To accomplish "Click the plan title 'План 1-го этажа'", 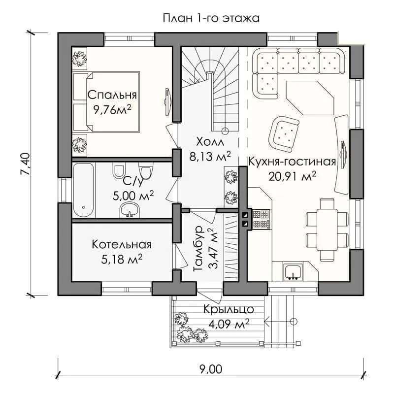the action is [x=211, y=18].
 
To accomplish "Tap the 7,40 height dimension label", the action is [x=26, y=164].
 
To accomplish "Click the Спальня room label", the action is [x=112, y=95].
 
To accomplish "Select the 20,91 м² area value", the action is [x=292, y=176].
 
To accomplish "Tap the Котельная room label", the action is [x=122, y=244].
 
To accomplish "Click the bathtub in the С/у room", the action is [x=84, y=190].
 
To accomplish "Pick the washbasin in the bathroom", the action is [x=130, y=210].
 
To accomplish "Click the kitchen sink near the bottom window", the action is [x=293, y=272].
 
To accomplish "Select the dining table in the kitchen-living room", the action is [x=327, y=230].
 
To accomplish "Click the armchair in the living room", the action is [x=284, y=133].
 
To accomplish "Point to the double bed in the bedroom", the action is [x=106, y=102].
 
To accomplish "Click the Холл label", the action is [x=210, y=142].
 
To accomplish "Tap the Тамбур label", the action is [x=198, y=248].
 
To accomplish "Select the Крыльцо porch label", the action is [x=229, y=309].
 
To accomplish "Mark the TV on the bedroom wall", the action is [x=167, y=102].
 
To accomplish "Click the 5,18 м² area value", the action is [x=122, y=260].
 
